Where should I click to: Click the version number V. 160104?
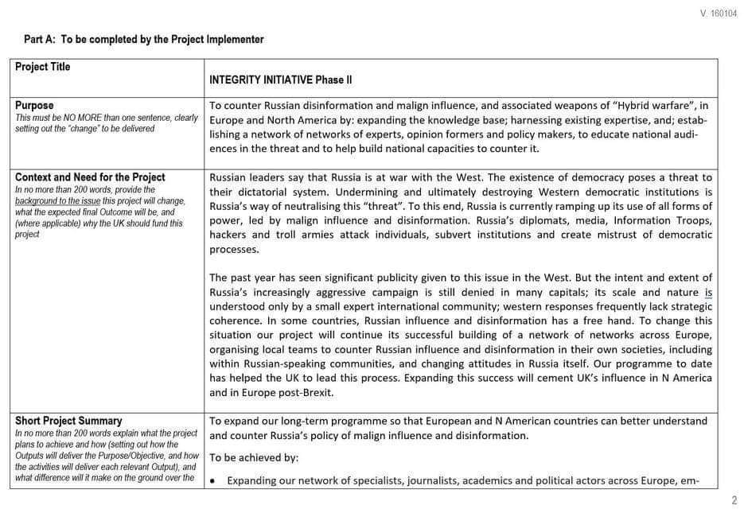pos(718,14)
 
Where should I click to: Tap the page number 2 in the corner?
pos(734,500)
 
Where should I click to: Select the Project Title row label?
pos(42,67)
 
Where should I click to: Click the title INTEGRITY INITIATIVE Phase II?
pos(280,80)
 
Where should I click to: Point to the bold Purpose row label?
pos(34,105)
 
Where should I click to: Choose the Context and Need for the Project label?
pos(90,177)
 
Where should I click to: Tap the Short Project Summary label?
pos(68,421)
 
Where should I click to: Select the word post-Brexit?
pos(307,392)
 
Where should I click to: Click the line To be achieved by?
pos(253,457)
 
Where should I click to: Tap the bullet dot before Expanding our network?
pos(214,481)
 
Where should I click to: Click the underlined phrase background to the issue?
pos(60,201)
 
